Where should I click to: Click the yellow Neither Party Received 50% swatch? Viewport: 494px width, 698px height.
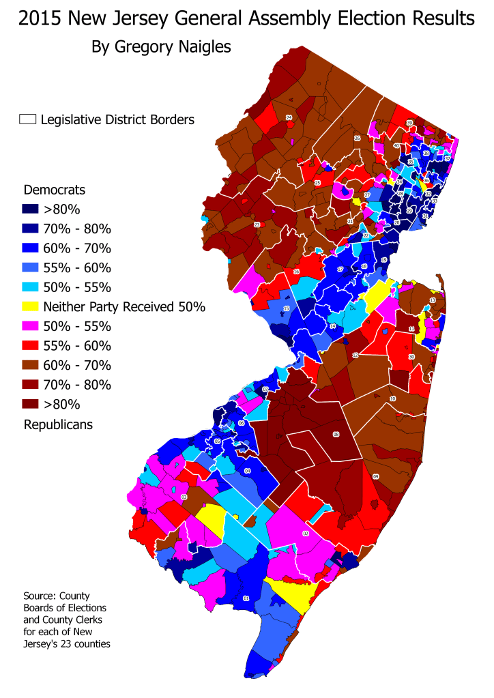pos(31,306)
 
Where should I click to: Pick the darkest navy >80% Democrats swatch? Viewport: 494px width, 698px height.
pos(31,208)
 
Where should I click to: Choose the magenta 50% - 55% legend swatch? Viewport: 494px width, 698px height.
pos(31,326)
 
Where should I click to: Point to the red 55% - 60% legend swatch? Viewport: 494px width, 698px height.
pos(31,345)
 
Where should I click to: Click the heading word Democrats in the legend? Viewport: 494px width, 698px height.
pos(54,189)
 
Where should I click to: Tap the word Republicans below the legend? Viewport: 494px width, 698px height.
pos(58,424)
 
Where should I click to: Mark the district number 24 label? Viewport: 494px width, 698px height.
pos(289,117)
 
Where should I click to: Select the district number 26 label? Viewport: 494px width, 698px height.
pos(357,138)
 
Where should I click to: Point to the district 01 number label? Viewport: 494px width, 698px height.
pos(246,599)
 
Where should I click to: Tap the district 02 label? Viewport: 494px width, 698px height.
pos(306,534)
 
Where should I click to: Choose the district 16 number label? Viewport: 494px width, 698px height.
pos(296,272)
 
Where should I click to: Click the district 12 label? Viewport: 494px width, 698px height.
pos(355,355)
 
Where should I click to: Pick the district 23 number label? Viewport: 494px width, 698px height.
pos(257,224)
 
